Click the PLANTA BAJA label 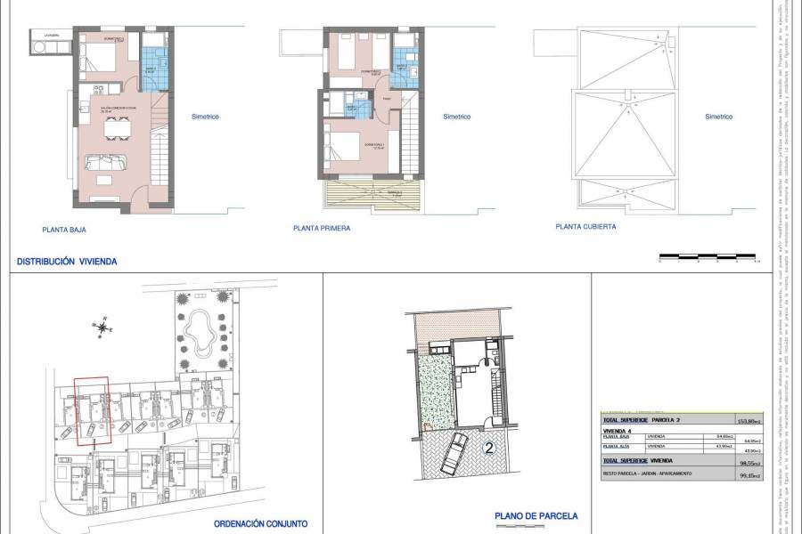point(63,229)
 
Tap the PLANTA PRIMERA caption point(322,229)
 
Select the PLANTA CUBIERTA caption point(585,227)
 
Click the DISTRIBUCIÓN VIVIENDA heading point(67,262)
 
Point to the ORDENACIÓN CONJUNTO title point(260,523)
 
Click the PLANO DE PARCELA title point(536,515)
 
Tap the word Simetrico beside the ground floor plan point(205,117)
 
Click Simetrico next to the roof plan point(718,117)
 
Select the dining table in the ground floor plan point(116,130)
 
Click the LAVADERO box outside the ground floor point(45,44)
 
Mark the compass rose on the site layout point(103,327)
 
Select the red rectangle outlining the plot point(91,410)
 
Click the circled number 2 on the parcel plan point(488,449)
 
